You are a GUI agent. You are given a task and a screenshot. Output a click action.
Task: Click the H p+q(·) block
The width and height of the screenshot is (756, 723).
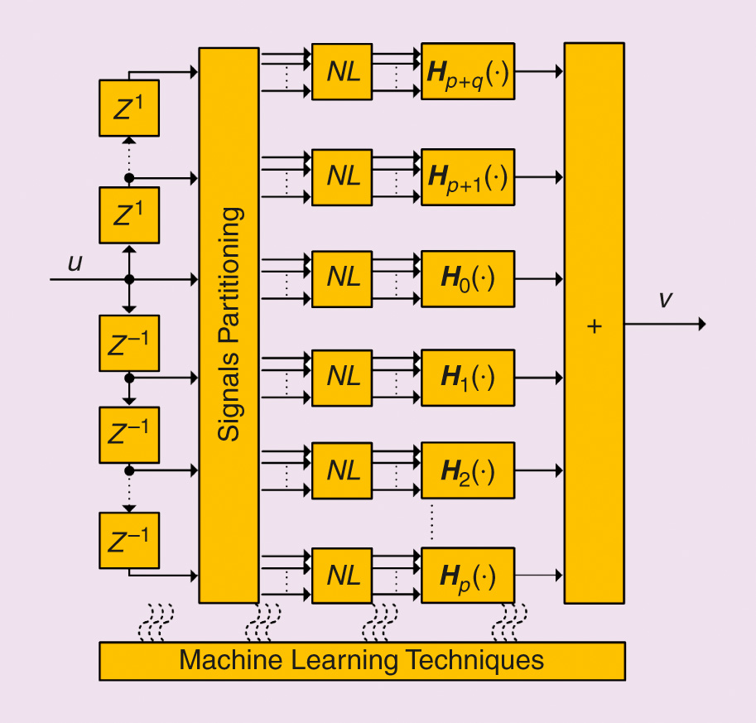(x=468, y=71)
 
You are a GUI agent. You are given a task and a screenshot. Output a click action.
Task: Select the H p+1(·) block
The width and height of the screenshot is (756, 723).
(x=468, y=176)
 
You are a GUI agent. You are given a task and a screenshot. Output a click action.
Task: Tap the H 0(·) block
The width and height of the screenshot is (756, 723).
(x=468, y=278)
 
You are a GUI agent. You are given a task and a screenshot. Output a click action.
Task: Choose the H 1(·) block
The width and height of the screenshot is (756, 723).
(x=468, y=378)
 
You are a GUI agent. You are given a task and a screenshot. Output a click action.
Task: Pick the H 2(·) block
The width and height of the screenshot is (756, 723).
(x=468, y=470)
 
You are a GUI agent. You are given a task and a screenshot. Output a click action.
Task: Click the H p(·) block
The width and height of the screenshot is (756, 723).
(x=468, y=575)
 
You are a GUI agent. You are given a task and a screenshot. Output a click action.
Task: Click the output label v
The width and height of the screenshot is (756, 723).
(x=665, y=300)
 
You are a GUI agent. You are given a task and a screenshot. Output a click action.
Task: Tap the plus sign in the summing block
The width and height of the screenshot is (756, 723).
(x=594, y=326)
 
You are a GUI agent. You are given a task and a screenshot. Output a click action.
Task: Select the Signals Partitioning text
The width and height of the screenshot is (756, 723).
(x=230, y=324)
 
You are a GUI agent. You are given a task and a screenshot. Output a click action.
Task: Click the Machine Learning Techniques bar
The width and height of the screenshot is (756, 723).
(x=362, y=661)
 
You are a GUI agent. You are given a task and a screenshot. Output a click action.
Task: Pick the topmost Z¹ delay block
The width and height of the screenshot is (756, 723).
(x=128, y=108)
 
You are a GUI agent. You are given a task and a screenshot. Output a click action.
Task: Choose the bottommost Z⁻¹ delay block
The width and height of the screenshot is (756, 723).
(x=128, y=540)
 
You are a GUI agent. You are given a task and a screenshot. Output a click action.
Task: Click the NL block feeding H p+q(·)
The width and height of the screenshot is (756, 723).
(x=343, y=71)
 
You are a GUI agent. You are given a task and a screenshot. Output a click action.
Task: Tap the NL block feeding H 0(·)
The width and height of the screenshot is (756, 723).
(x=343, y=278)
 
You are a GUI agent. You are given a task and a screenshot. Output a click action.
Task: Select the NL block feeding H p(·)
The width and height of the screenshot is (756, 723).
(x=343, y=575)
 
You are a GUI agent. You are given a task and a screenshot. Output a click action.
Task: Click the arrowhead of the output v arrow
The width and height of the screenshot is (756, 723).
(x=701, y=325)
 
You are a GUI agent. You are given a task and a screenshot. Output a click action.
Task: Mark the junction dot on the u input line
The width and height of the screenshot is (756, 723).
(x=129, y=279)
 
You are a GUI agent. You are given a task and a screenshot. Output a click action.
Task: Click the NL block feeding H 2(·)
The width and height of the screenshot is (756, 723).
(x=343, y=470)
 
